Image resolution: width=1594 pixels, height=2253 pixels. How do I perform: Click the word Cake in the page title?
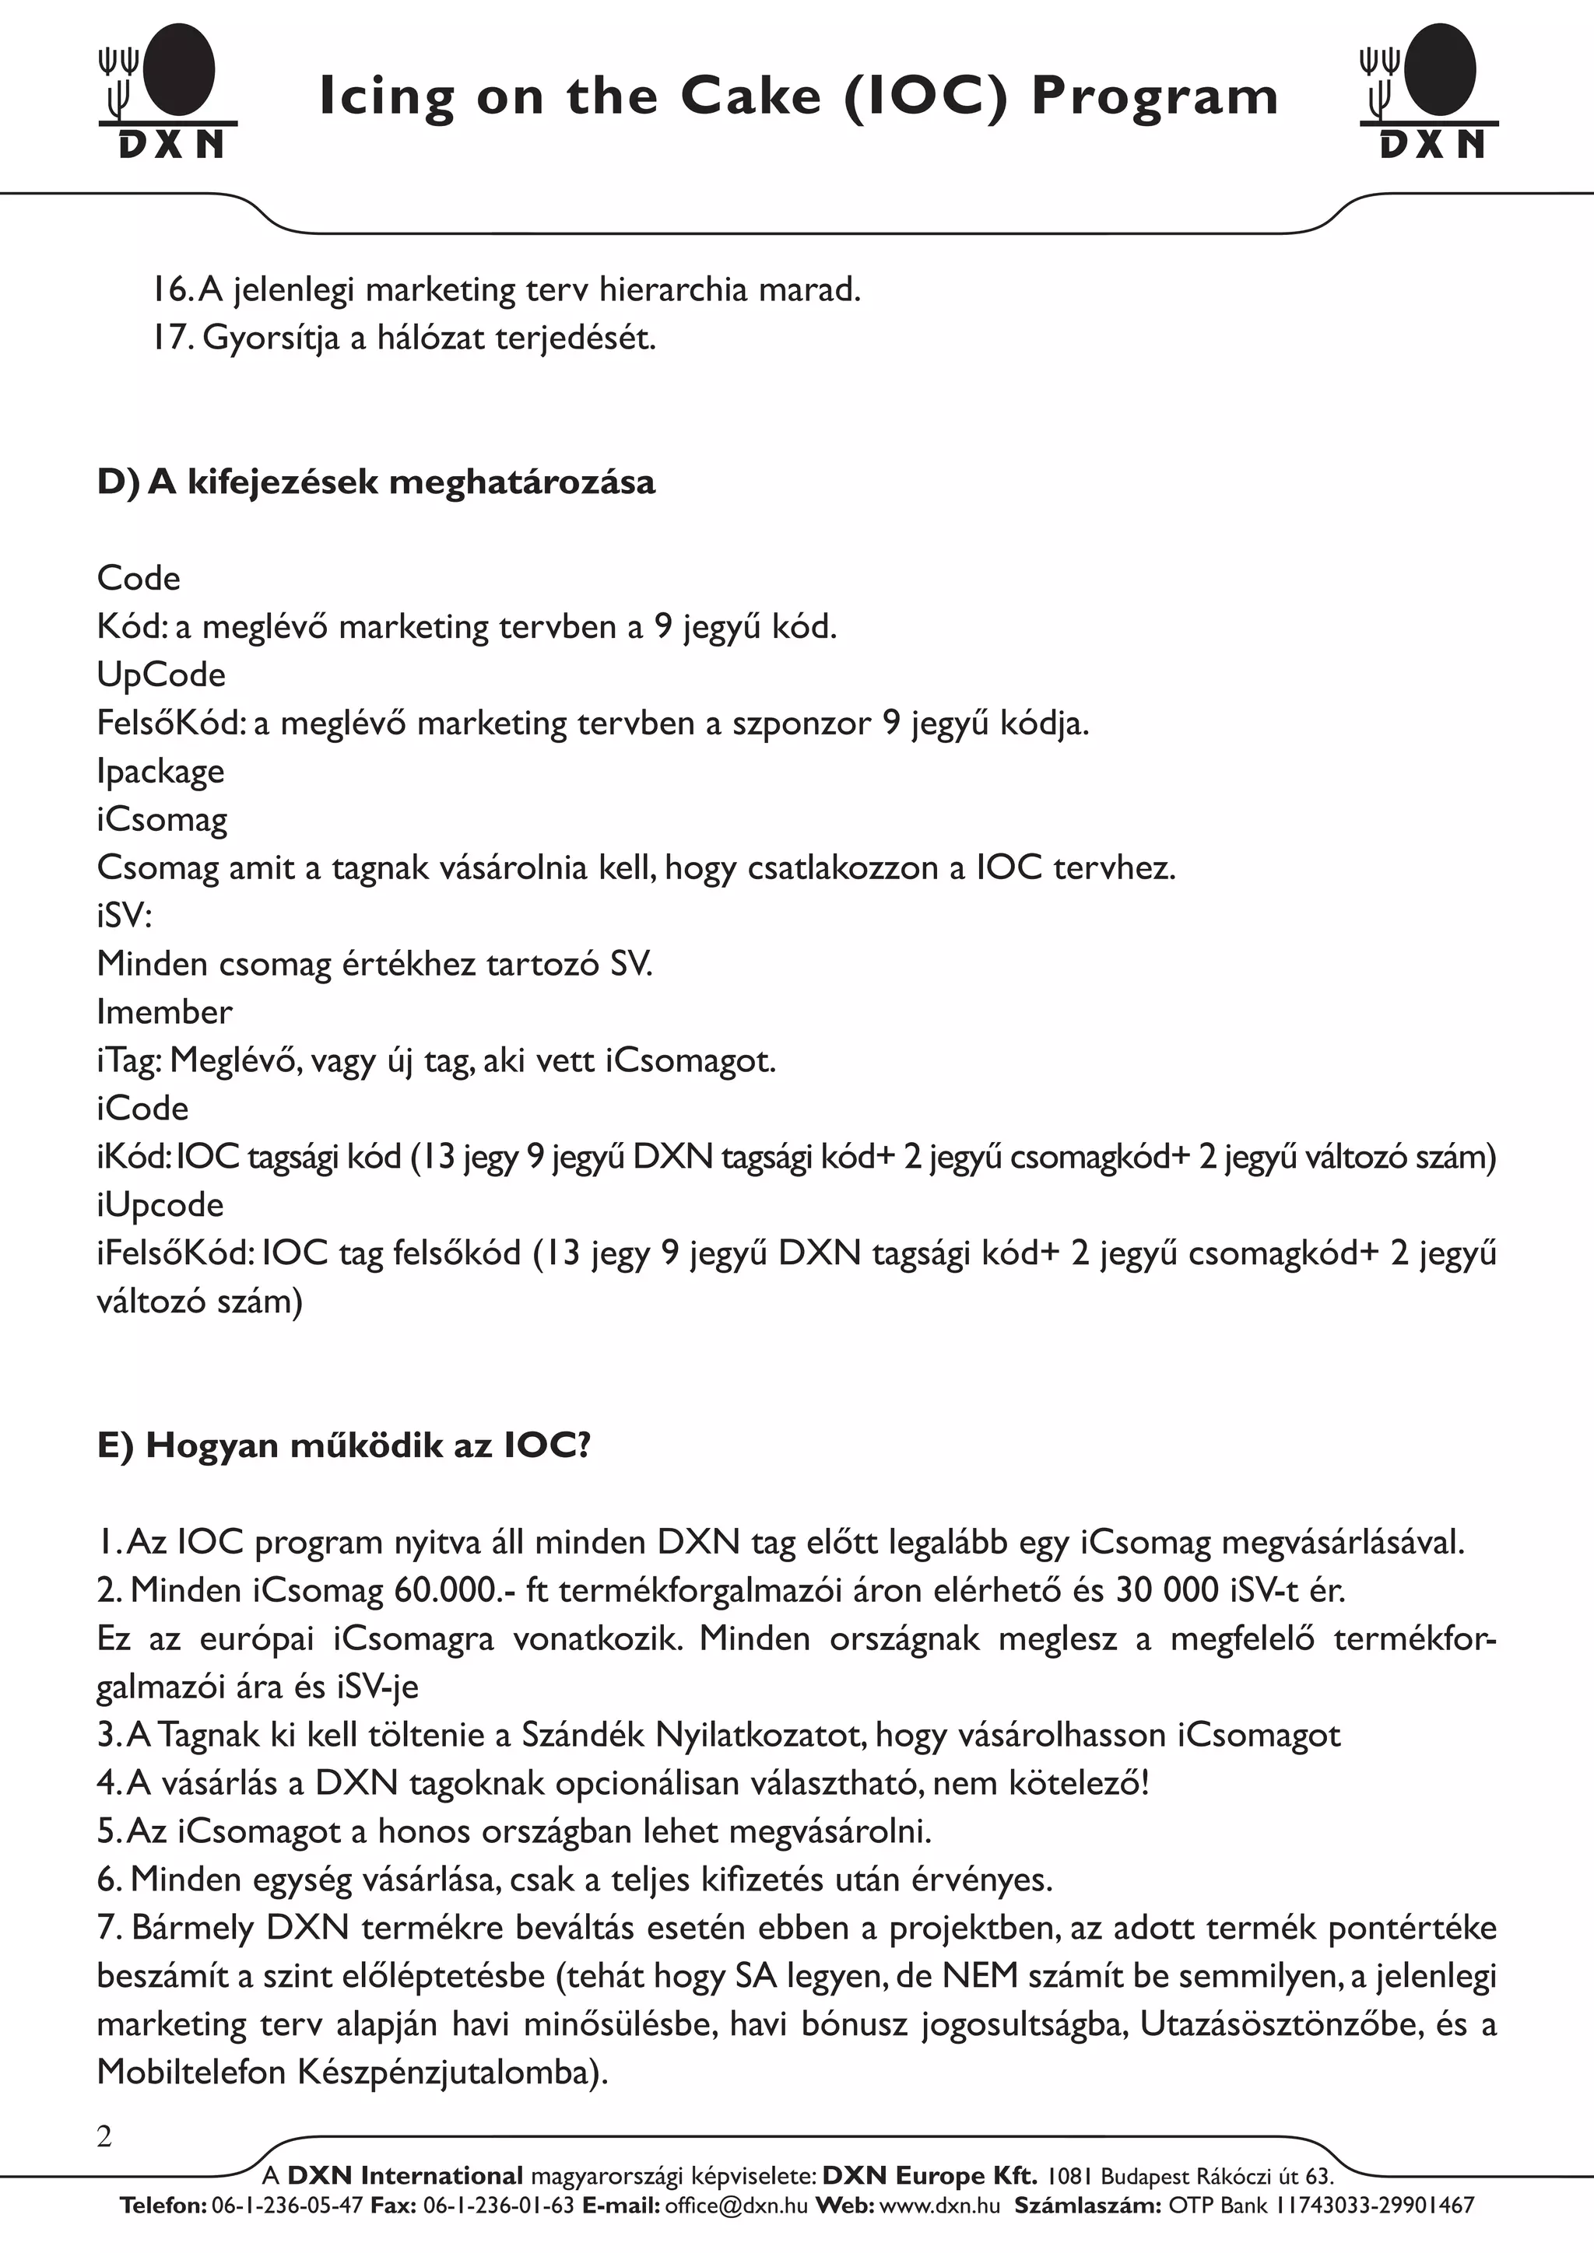click(751, 97)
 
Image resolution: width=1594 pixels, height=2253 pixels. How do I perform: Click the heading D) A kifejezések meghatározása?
click(376, 483)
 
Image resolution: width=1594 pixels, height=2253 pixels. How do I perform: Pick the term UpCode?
click(161, 675)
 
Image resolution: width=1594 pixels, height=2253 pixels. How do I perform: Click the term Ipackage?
click(160, 771)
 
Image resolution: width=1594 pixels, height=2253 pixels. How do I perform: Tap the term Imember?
click(164, 1011)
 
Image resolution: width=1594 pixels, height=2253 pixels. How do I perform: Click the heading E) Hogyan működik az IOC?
click(343, 1446)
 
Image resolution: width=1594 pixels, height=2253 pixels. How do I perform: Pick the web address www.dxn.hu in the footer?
click(940, 2206)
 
